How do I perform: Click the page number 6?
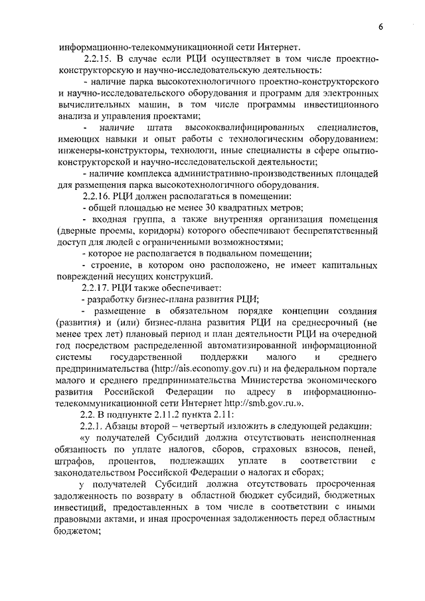click(x=381, y=28)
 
